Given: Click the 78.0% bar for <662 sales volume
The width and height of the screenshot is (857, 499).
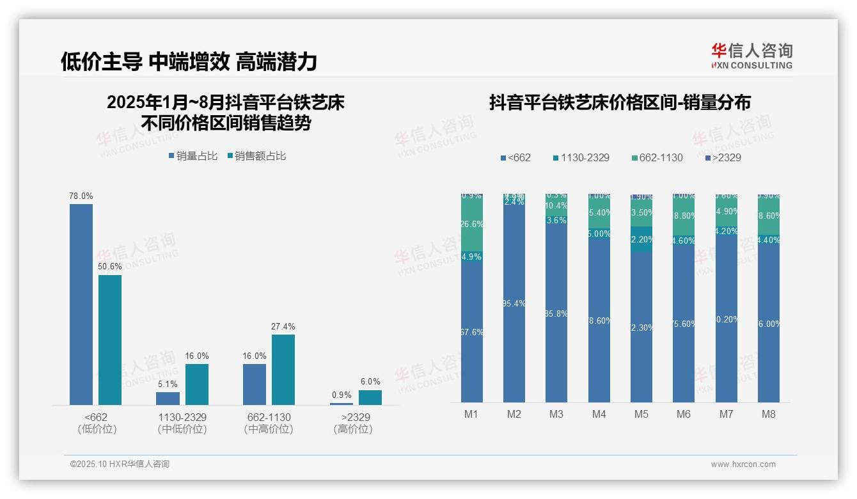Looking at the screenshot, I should point(81,304).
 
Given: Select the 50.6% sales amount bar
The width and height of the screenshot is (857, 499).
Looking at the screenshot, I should point(110,340).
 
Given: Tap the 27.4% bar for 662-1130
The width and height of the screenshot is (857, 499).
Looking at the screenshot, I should point(283,369).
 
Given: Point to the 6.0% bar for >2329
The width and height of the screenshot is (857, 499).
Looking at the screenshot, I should point(370,397).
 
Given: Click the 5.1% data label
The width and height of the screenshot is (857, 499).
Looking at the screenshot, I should point(168,384).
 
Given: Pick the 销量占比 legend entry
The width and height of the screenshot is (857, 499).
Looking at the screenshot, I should point(193,155).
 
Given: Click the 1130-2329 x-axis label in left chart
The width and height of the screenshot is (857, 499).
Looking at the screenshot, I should point(182,417).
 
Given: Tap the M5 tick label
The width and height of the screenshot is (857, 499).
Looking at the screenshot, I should point(641,414).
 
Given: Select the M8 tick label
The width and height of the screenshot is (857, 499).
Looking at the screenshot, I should point(768,414).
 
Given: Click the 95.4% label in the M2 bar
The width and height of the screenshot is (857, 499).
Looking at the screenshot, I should point(514,303).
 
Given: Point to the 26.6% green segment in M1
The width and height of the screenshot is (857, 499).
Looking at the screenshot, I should point(471,225).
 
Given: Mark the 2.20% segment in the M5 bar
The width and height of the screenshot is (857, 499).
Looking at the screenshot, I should point(641,239).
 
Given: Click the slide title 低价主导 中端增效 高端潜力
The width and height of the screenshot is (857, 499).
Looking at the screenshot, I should point(189,61).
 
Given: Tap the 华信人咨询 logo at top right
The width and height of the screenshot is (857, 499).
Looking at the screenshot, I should point(751,56).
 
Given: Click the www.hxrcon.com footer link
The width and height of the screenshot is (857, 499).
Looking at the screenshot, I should point(743,464).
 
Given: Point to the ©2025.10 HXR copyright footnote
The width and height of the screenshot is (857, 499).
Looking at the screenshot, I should point(120,464).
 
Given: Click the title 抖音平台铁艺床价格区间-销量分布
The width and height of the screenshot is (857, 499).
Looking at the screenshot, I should point(620,102).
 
